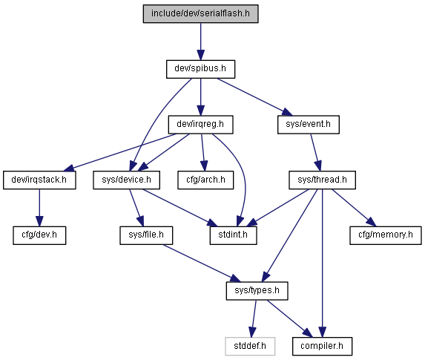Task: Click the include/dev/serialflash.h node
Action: click(200, 13)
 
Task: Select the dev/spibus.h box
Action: click(200, 69)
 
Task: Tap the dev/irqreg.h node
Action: click(200, 125)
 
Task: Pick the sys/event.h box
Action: click(309, 125)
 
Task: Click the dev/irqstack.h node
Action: click(39, 180)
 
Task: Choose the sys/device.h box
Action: click(127, 180)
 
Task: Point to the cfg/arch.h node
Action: click(205, 180)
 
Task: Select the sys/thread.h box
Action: click(323, 180)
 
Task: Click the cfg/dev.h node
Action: click(39, 235)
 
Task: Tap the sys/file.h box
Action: click(146, 235)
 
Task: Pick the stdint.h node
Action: click(234, 235)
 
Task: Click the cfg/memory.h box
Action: click(386, 235)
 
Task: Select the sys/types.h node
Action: click(257, 291)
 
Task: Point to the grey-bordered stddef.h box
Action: click(250, 347)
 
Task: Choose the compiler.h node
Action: click(323, 347)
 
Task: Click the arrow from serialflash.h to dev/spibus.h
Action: click(200, 42)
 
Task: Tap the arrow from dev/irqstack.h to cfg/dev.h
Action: click(39, 208)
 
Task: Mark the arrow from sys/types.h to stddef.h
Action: click(254, 318)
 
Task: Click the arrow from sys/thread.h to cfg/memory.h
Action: click(354, 208)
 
